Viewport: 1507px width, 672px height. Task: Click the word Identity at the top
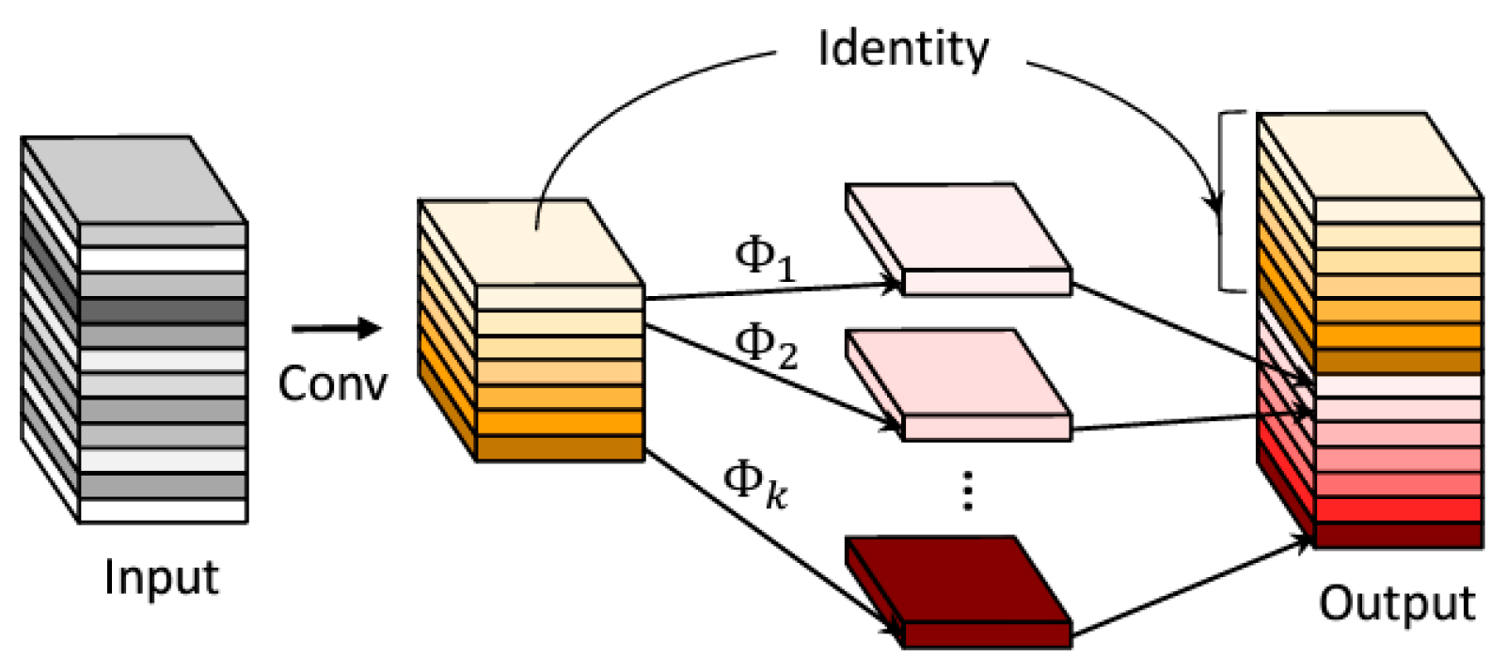[902, 49]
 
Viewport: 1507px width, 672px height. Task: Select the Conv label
[332, 383]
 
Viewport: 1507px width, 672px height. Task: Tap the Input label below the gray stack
[161, 576]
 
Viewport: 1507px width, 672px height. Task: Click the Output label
[1396, 602]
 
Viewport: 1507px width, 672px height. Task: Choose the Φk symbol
[754, 483]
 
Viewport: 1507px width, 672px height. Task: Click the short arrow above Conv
[336, 329]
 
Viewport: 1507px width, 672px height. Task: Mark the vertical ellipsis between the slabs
[967, 491]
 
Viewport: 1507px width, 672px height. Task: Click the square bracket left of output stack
[1223, 201]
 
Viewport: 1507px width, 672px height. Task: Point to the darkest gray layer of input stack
[162, 311]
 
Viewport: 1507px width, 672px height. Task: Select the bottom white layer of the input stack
[162, 510]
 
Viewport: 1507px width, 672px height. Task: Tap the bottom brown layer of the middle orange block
[560, 448]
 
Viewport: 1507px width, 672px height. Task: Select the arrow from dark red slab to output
[1190, 587]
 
